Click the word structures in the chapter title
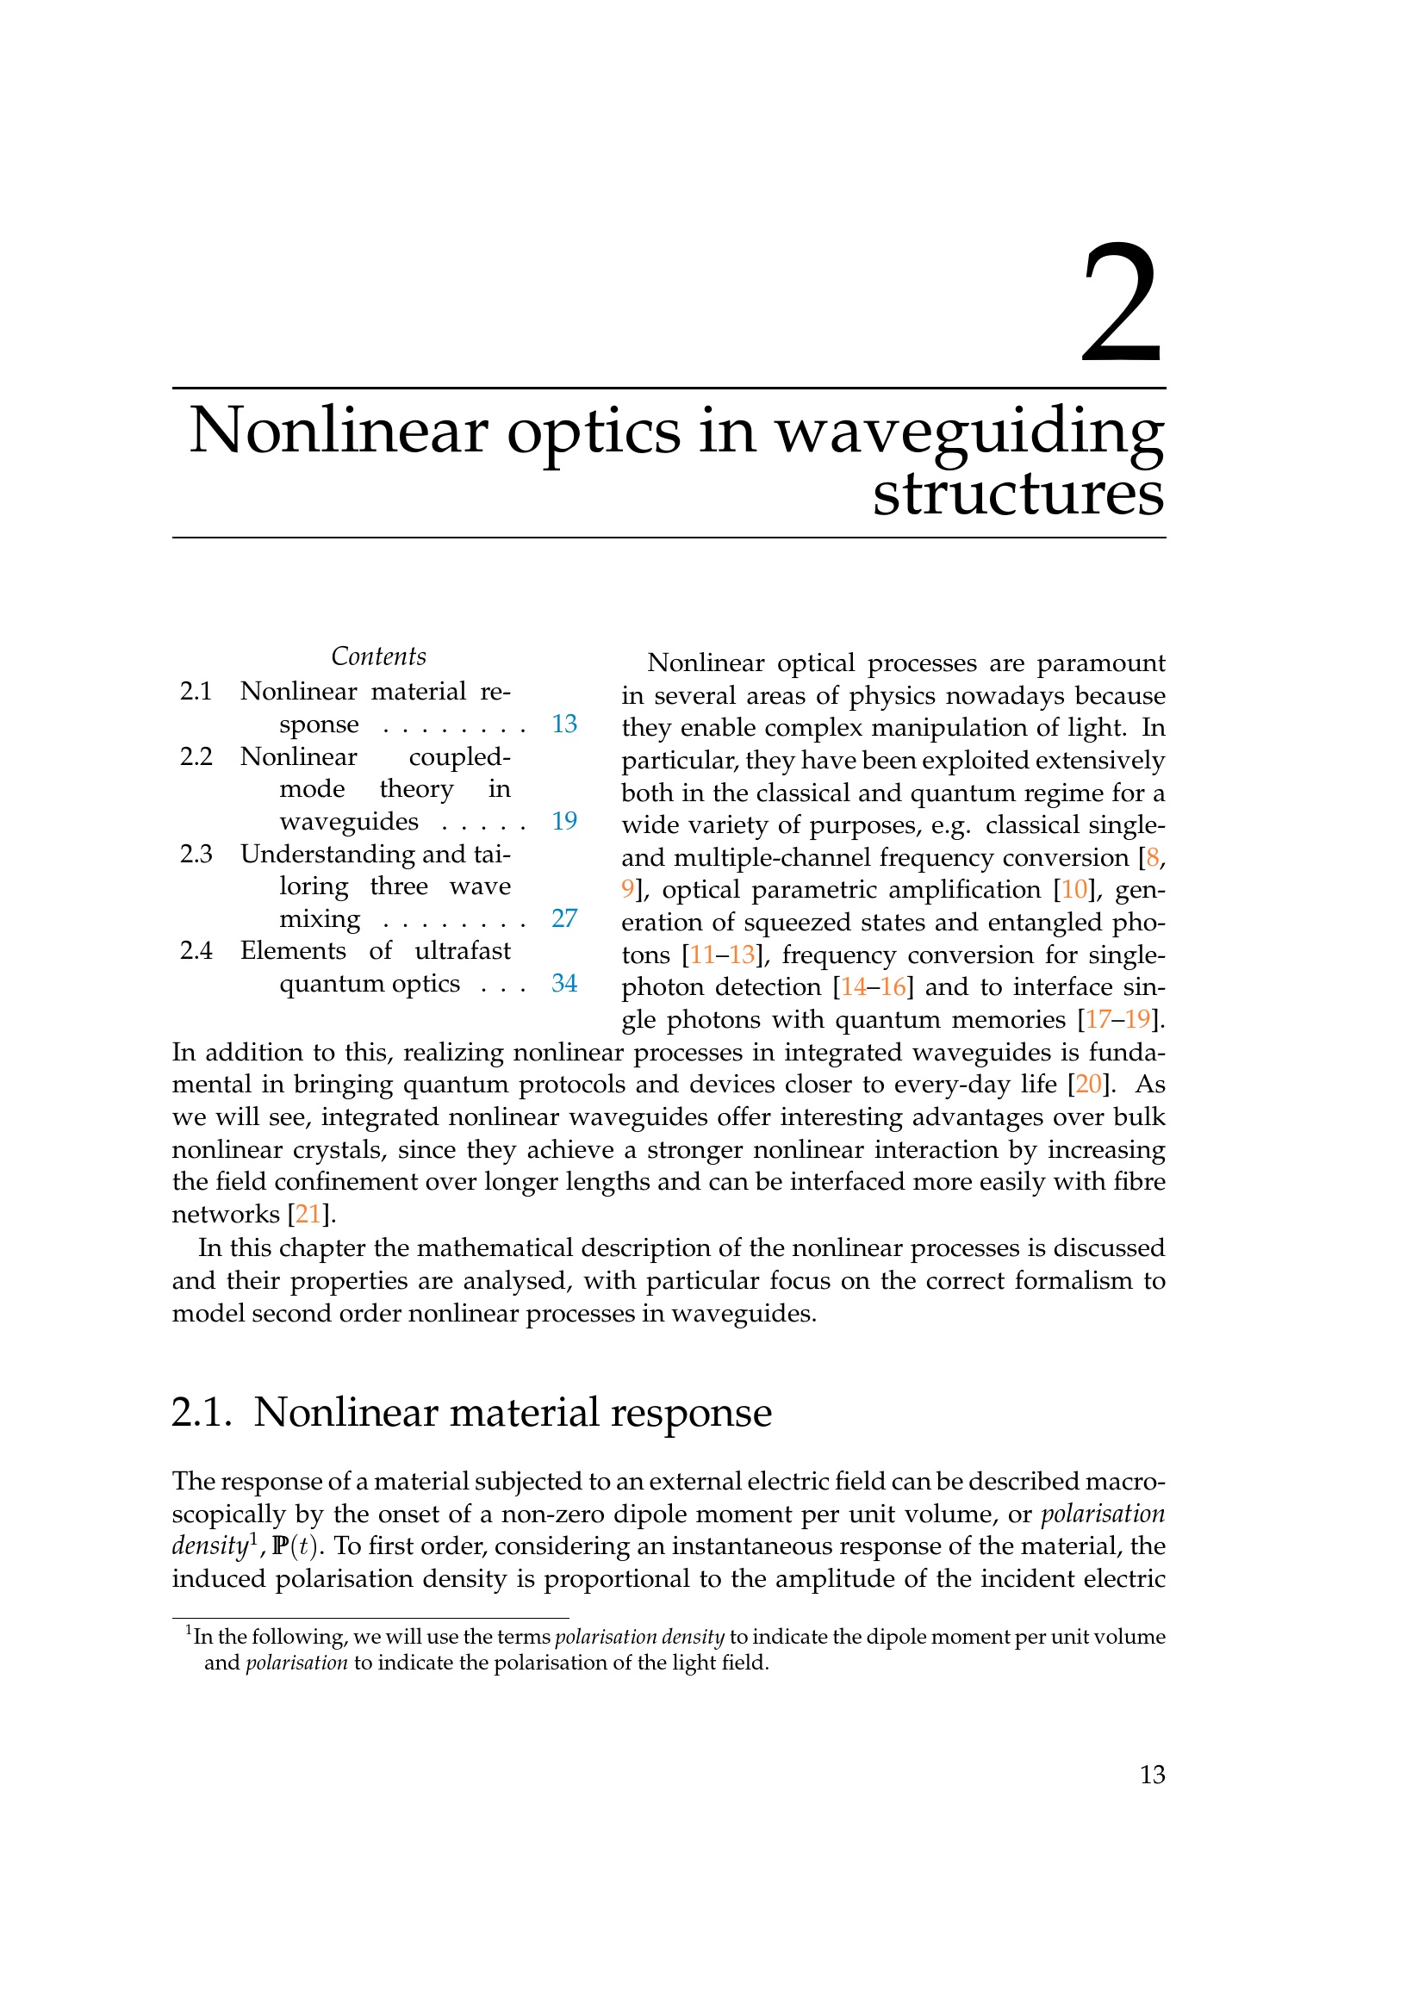point(1017,494)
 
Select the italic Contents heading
point(378,656)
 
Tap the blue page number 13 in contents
point(564,724)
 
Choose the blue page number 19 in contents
point(564,822)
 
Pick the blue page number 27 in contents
point(564,918)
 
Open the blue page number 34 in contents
point(564,983)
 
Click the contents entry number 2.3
point(196,854)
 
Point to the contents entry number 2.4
point(196,950)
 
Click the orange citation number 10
point(1074,890)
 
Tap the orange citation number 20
point(1088,1085)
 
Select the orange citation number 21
point(308,1215)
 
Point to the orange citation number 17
point(1098,1020)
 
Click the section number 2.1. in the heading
point(202,1413)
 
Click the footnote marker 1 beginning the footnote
point(189,1631)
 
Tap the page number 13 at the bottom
point(1152,1775)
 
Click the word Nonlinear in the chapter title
point(339,432)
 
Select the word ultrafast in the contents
point(463,950)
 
